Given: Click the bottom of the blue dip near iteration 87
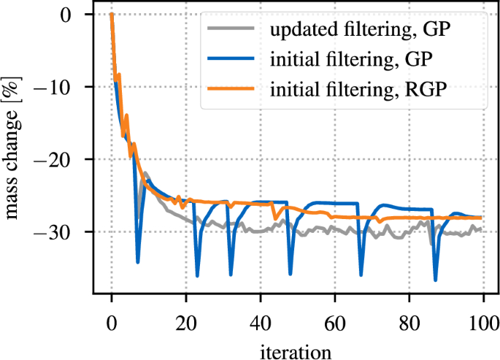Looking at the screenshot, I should click(x=436, y=280).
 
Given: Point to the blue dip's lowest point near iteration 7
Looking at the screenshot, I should click(x=137, y=261).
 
